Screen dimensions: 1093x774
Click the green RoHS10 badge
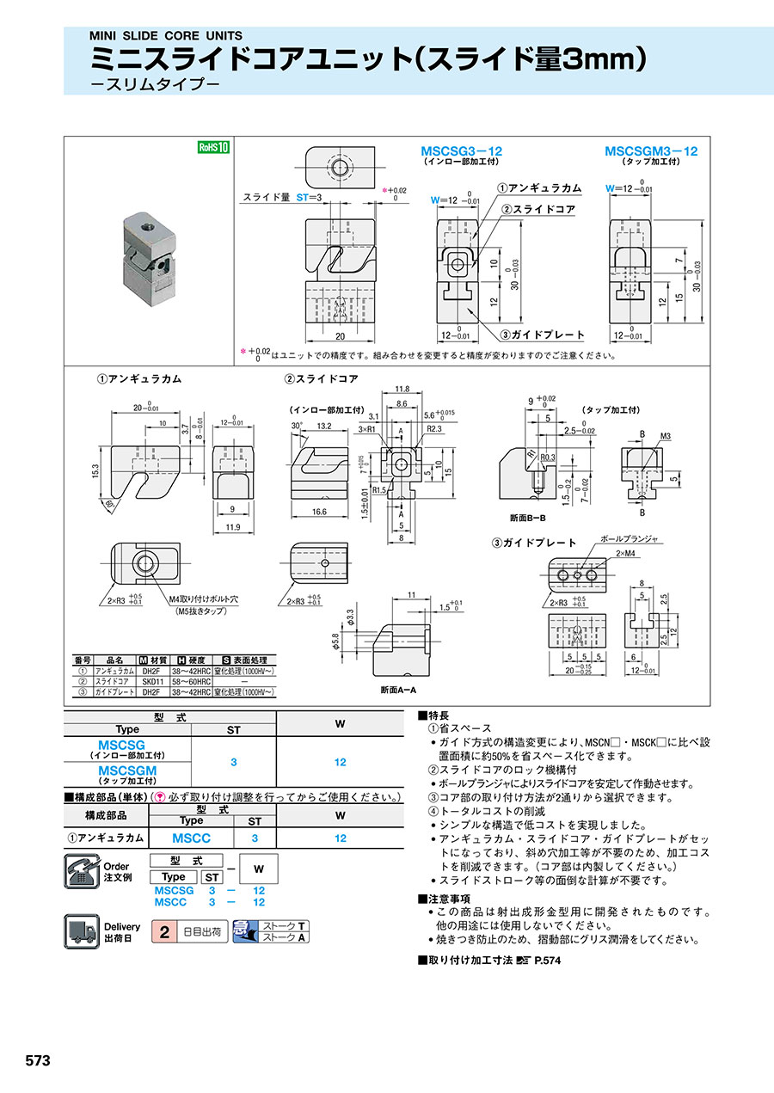click(213, 147)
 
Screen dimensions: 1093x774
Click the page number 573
click(38, 1060)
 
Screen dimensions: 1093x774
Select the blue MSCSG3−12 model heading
click(461, 151)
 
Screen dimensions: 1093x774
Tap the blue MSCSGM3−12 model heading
click(651, 151)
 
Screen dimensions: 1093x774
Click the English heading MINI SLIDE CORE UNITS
click(166, 36)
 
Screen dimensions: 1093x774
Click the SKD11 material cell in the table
click(151, 680)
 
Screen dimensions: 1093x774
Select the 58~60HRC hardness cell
click(193, 680)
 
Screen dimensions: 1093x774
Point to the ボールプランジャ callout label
click(628, 539)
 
